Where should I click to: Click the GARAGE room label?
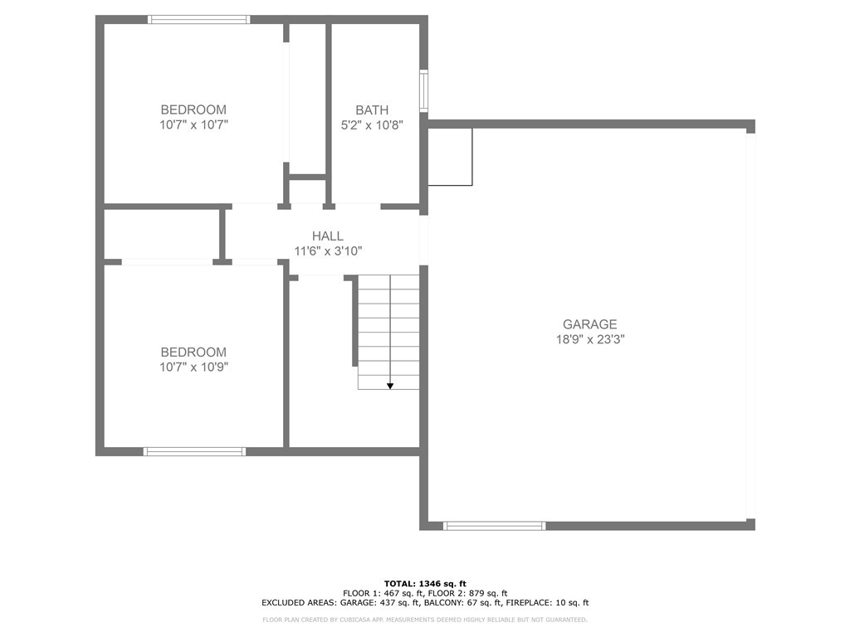[x=589, y=324]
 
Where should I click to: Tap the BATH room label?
[x=372, y=110]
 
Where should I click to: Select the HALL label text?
[x=327, y=236]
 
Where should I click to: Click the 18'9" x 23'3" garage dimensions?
[x=590, y=339]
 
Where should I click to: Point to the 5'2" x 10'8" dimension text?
[x=372, y=125]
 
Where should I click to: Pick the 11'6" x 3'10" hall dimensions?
[x=328, y=251]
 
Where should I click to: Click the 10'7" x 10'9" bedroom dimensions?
[x=193, y=367]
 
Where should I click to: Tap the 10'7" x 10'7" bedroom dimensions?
[x=193, y=125]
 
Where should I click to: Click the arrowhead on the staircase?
[x=390, y=386]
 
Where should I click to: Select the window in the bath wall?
[x=424, y=90]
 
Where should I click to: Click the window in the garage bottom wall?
[x=495, y=525]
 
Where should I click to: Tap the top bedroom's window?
[x=199, y=20]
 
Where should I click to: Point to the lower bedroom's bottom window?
[x=194, y=452]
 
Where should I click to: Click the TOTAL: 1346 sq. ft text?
[x=425, y=583]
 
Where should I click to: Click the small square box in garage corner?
[x=450, y=157]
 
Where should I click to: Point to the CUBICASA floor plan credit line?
[x=425, y=620]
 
